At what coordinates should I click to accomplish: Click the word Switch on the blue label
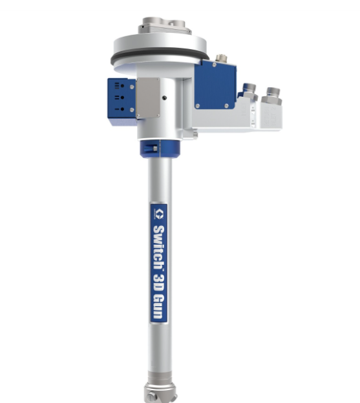pyautogui.click(x=159, y=247)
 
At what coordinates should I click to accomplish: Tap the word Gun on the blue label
pyautogui.click(x=158, y=306)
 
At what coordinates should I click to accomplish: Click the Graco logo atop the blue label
pyautogui.click(x=160, y=214)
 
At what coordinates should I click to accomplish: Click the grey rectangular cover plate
pyautogui.click(x=148, y=98)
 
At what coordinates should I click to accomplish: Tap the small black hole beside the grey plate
pyautogui.click(x=165, y=98)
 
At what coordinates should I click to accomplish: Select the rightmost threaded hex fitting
pyautogui.click(x=272, y=96)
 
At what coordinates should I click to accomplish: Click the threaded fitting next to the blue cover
pyautogui.click(x=249, y=91)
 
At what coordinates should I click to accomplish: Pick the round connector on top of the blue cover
pyautogui.click(x=221, y=58)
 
